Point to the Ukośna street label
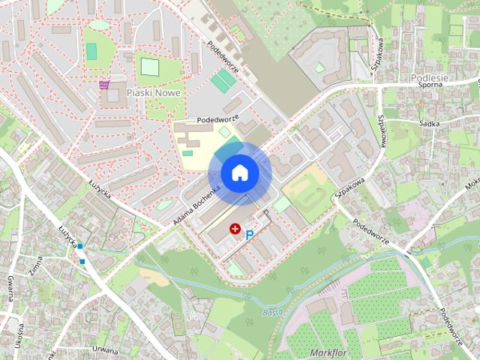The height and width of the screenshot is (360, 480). (16, 337)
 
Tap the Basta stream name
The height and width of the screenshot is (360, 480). (273, 311)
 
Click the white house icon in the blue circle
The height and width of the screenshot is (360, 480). (239, 172)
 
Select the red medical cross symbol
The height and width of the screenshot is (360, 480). (235, 228)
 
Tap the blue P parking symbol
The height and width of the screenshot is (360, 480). (250, 235)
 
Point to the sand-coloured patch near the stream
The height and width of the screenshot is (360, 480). (157, 276)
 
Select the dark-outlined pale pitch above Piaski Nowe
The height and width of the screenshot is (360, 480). (150, 67)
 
